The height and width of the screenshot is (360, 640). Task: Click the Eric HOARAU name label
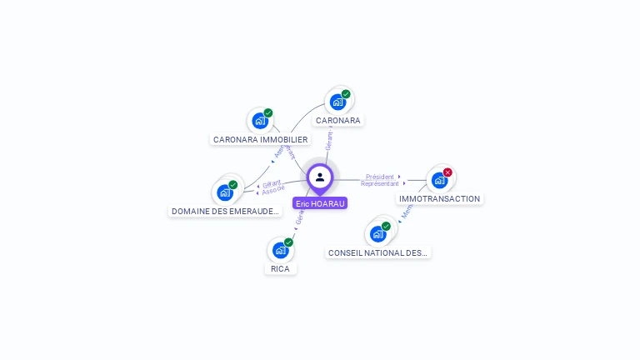click(x=320, y=203)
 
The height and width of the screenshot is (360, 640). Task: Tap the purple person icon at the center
click(x=320, y=177)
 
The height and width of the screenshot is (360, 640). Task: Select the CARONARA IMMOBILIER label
click(x=260, y=140)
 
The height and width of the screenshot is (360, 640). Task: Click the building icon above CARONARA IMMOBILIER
click(x=260, y=121)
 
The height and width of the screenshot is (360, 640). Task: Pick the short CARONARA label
click(x=337, y=121)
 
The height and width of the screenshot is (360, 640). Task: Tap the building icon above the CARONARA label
click(x=337, y=102)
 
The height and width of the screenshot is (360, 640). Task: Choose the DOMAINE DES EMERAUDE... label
click(x=225, y=212)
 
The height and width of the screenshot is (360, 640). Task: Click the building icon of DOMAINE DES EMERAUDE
click(x=225, y=192)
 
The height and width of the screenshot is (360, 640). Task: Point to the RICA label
click(x=280, y=269)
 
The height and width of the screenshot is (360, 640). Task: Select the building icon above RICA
click(x=280, y=250)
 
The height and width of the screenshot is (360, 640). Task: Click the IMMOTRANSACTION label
click(x=439, y=199)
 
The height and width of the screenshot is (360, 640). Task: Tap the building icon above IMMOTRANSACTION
click(x=439, y=180)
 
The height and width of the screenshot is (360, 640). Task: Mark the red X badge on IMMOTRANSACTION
click(x=447, y=172)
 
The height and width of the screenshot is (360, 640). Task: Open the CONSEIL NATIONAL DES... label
click(x=378, y=252)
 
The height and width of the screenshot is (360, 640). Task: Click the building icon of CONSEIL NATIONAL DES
click(x=378, y=234)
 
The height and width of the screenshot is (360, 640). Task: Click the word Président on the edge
click(x=379, y=177)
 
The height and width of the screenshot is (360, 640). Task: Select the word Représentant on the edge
click(x=379, y=183)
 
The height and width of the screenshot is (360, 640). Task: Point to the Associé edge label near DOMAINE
click(x=273, y=191)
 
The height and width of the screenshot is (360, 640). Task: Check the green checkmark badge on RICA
click(x=288, y=242)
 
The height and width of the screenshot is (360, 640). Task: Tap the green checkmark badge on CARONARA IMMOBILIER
click(x=268, y=112)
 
